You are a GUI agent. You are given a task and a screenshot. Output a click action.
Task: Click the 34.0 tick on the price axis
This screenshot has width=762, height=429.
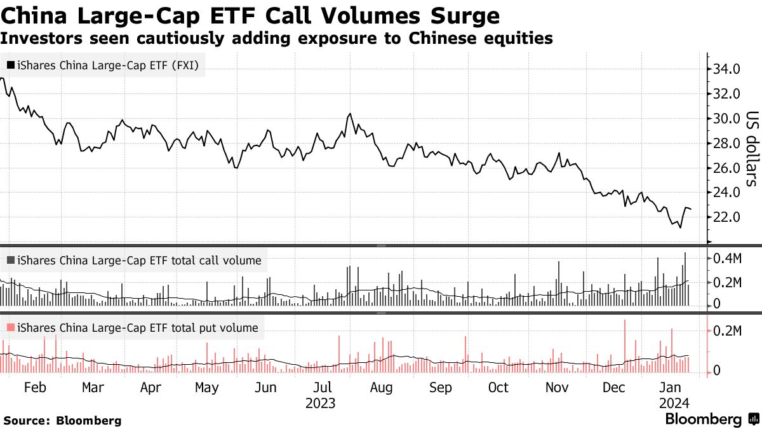click(x=726, y=69)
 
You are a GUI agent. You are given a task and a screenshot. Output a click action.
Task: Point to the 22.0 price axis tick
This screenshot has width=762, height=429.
click(x=726, y=217)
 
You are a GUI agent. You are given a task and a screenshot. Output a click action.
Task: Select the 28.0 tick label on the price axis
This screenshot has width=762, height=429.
click(x=726, y=143)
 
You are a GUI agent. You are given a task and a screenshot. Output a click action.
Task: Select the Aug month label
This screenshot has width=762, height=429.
click(x=380, y=388)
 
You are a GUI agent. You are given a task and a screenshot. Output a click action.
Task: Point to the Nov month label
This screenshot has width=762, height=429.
click(x=557, y=388)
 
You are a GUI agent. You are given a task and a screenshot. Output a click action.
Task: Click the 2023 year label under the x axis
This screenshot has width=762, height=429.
click(x=320, y=403)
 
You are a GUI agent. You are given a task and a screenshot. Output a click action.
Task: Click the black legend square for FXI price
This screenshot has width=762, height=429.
click(x=11, y=65)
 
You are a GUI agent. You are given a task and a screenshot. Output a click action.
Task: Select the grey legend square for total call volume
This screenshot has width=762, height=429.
click(x=11, y=260)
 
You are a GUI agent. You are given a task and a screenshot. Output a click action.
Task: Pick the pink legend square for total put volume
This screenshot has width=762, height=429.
click(x=11, y=328)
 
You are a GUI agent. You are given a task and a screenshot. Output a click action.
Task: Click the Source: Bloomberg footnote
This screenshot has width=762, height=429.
click(x=62, y=420)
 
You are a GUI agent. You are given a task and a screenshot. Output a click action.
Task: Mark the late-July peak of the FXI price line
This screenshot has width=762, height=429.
click(x=350, y=114)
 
